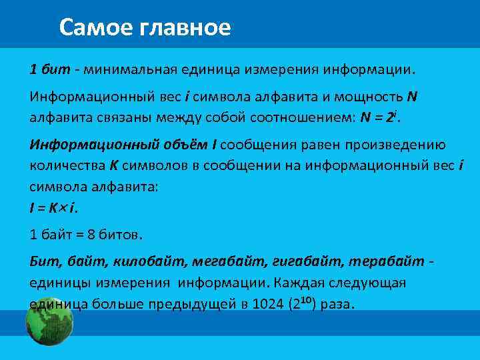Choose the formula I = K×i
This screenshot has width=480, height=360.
pos(53,208)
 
